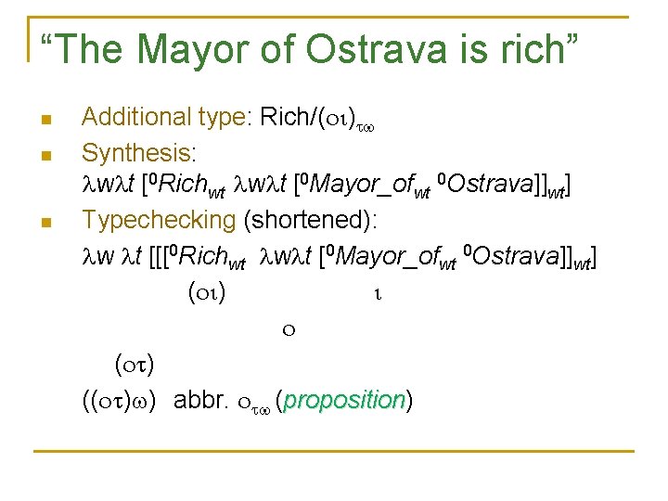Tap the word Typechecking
[159, 221]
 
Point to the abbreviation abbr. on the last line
[200, 401]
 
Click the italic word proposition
[346, 401]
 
